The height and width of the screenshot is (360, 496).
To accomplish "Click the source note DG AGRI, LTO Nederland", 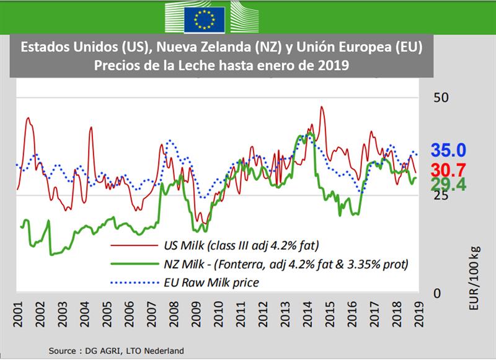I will click(x=117, y=351).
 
